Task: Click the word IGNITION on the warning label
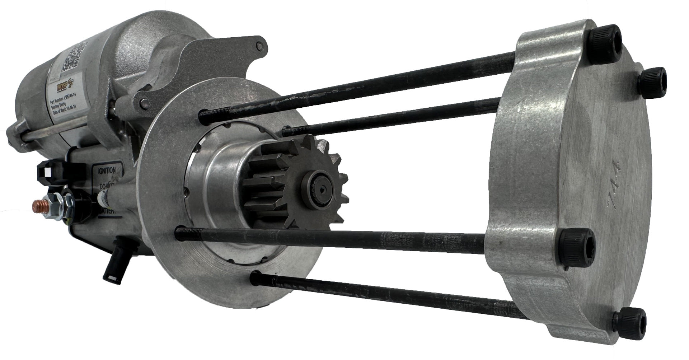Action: click(x=104, y=171)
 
